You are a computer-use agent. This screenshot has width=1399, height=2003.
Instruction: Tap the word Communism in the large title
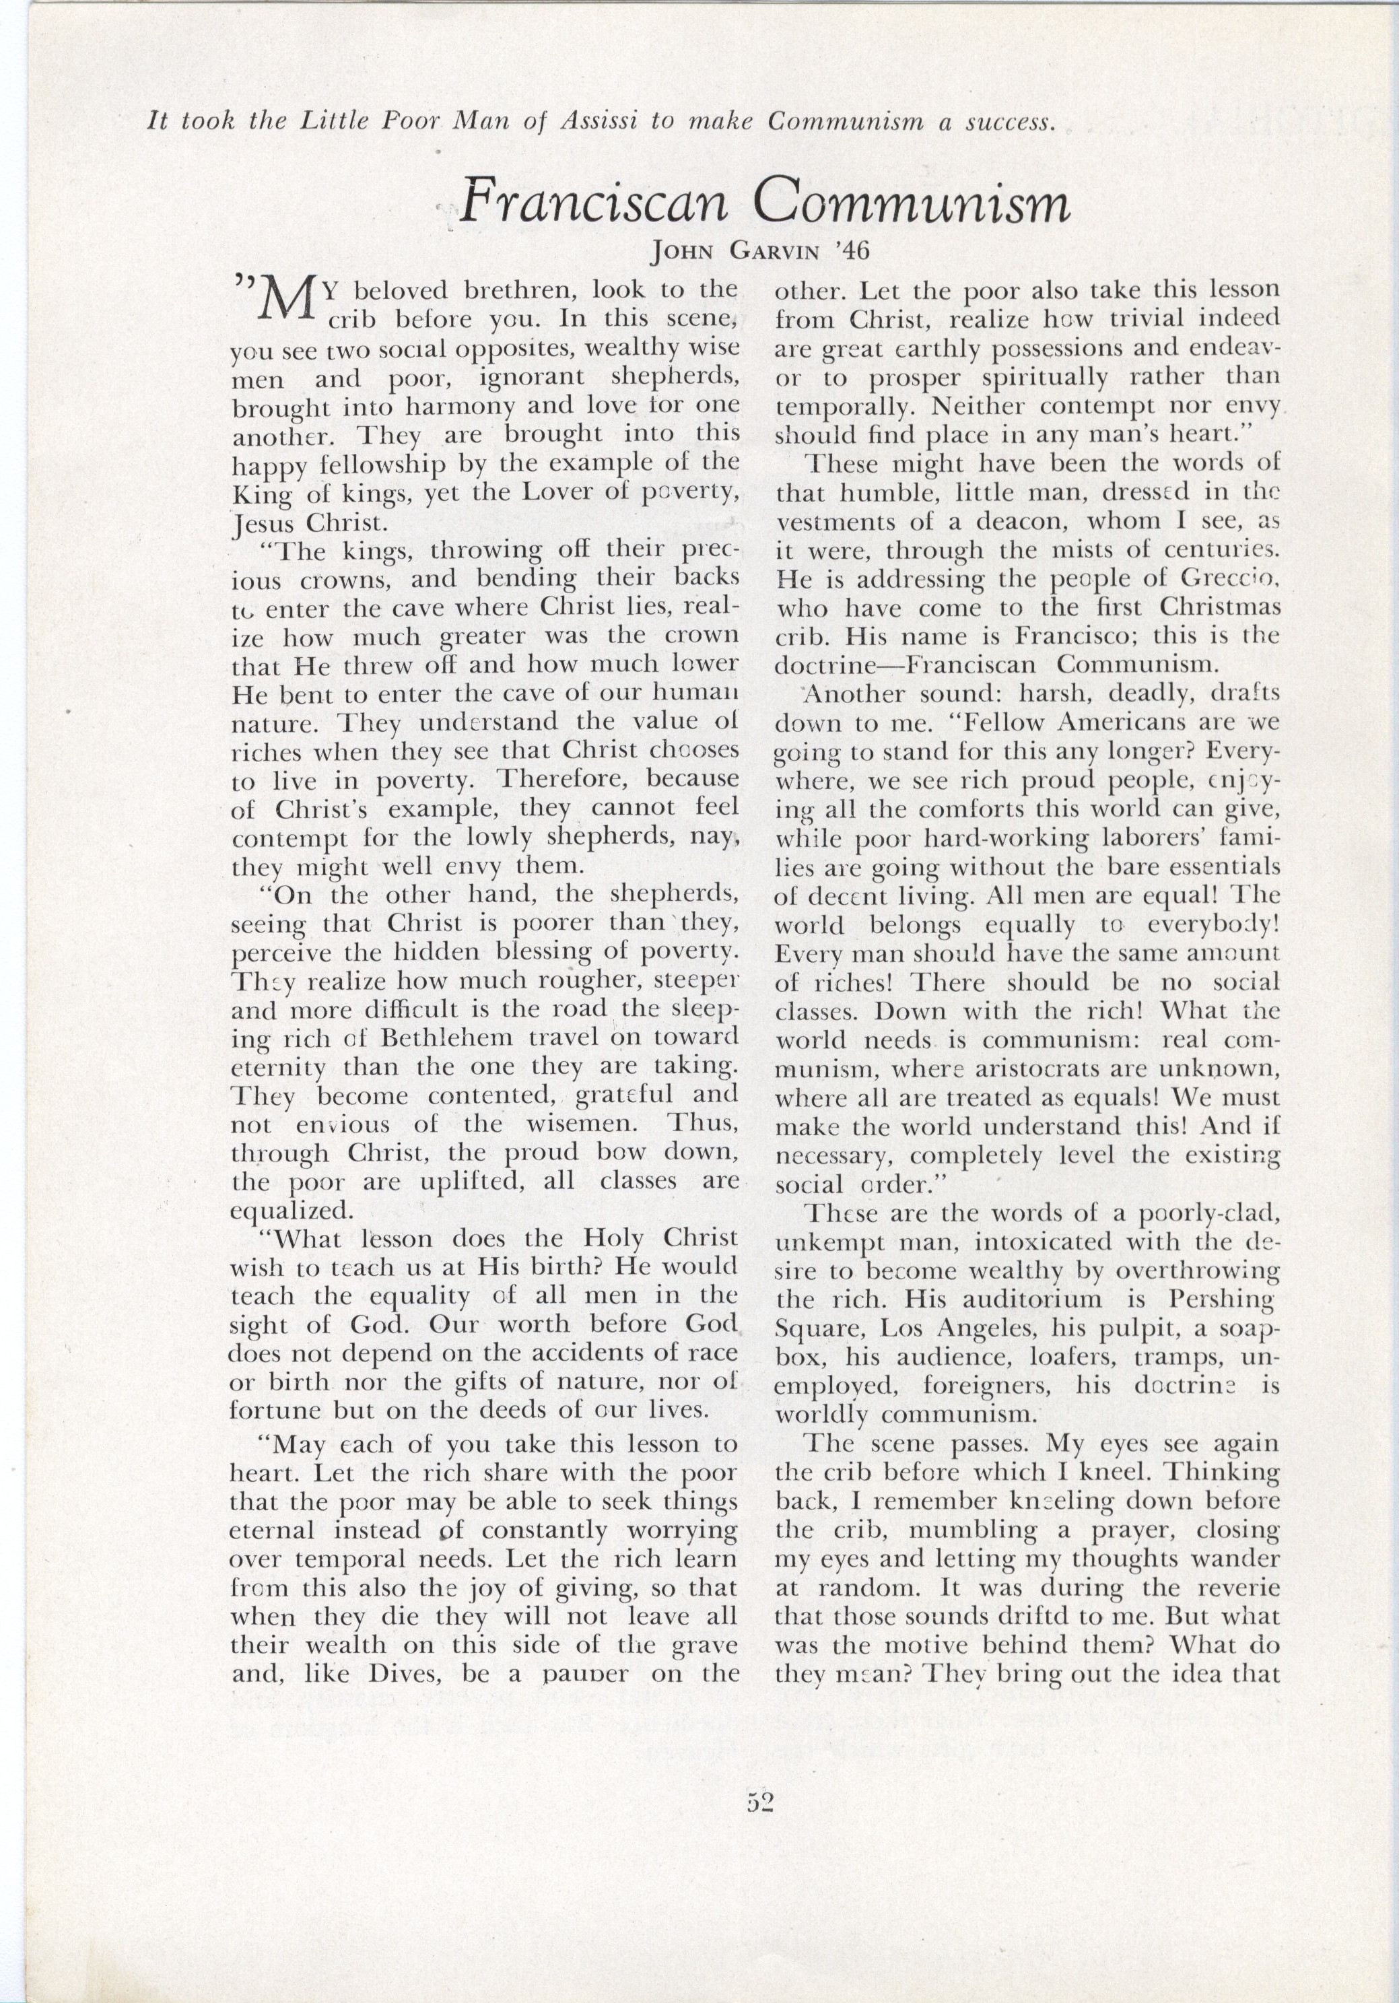point(912,206)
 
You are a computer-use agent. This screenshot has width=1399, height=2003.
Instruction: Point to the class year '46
point(852,253)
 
